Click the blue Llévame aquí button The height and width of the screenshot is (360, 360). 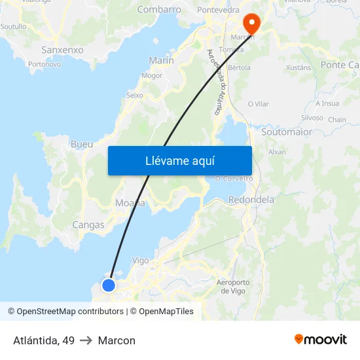click(179, 160)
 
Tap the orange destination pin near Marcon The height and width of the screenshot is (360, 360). click(251, 22)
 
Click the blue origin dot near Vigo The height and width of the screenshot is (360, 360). click(109, 285)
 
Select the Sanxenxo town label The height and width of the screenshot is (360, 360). click(62, 50)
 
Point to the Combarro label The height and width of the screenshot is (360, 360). click(159, 10)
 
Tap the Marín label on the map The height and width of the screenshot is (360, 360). click(161, 60)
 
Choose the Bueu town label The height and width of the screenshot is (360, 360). click(81, 144)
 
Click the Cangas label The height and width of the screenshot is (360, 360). click(88, 225)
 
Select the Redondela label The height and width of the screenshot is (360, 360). click(251, 200)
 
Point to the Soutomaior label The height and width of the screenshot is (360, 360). click(287, 132)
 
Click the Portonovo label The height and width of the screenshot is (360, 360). click(45, 64)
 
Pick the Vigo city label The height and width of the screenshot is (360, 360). click(141, 260)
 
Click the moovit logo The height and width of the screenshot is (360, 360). click(320, 339)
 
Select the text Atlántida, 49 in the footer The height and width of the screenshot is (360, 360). click(44, 340)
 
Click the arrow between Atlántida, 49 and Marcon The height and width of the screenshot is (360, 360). click(86, 340)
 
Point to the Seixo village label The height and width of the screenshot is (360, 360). click(134, 95)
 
